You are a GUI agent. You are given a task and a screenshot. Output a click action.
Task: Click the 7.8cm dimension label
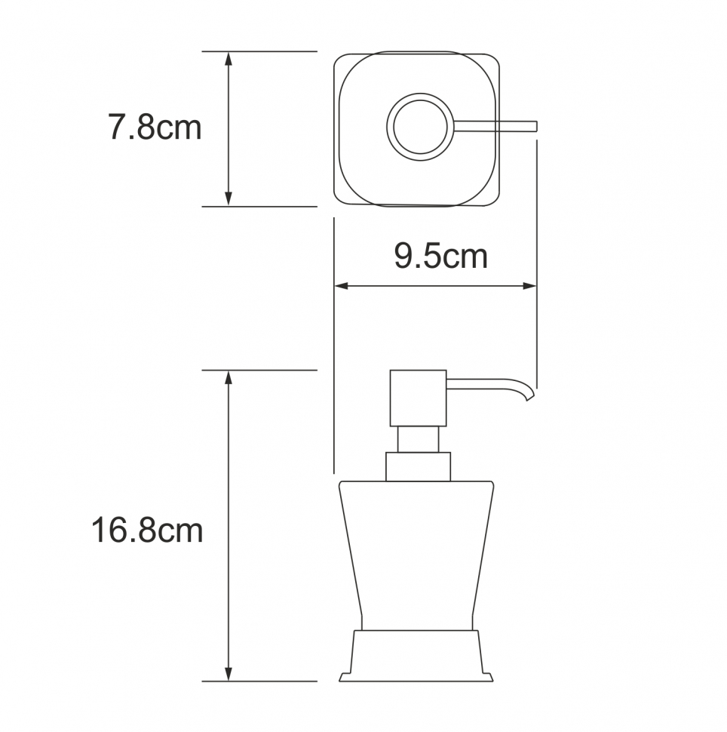(155, 127)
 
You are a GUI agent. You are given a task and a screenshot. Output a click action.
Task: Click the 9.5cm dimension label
(441, 256)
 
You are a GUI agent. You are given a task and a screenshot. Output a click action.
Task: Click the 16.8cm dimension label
(147, 531)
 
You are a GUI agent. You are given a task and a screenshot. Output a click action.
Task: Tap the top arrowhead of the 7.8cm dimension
(229, 59)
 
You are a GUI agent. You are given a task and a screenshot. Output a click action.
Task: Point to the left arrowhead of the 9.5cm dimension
(342, 286)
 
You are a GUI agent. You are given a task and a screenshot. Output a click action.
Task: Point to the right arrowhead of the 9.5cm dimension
(529, 286)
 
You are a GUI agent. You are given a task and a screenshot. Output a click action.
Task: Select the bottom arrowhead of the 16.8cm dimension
(229, 674)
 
